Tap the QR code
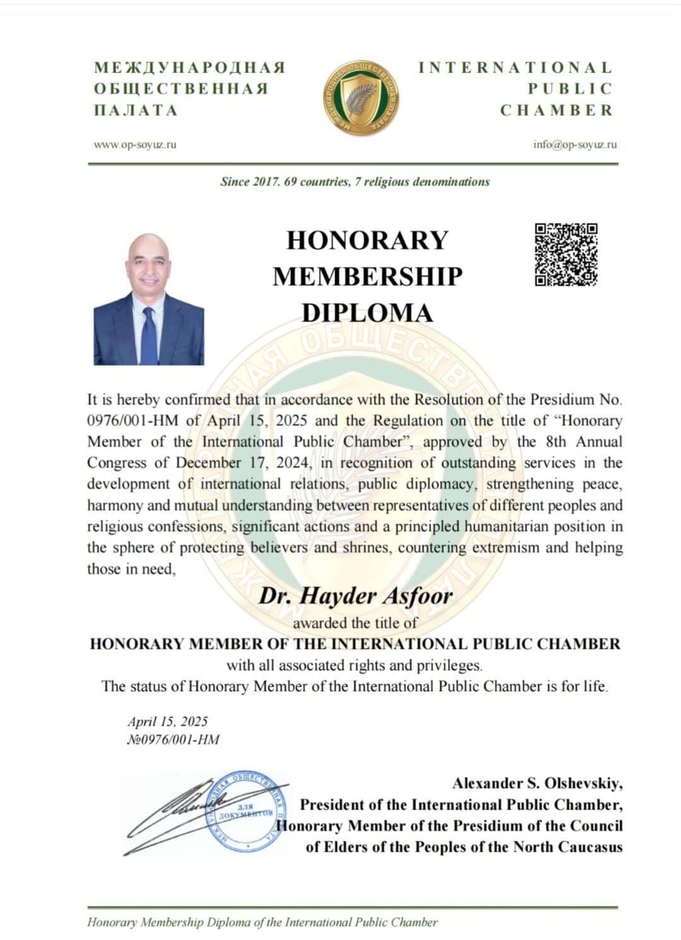[566, 255]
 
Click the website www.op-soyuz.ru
[135, 144]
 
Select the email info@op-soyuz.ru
[575, 144]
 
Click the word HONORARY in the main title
[367, 240]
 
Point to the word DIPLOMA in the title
[367, 313]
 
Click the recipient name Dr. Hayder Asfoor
[355, 596]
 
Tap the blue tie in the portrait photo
[149, 334]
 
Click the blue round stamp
[243, 810]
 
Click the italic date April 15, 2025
[167, 721]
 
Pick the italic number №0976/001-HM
[173, 740]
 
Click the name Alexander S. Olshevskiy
[537, 784]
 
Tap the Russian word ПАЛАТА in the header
[136, 110]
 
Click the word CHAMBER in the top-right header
[557, 110]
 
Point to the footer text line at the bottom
[262, 922]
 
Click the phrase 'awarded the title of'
[355, 623]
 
